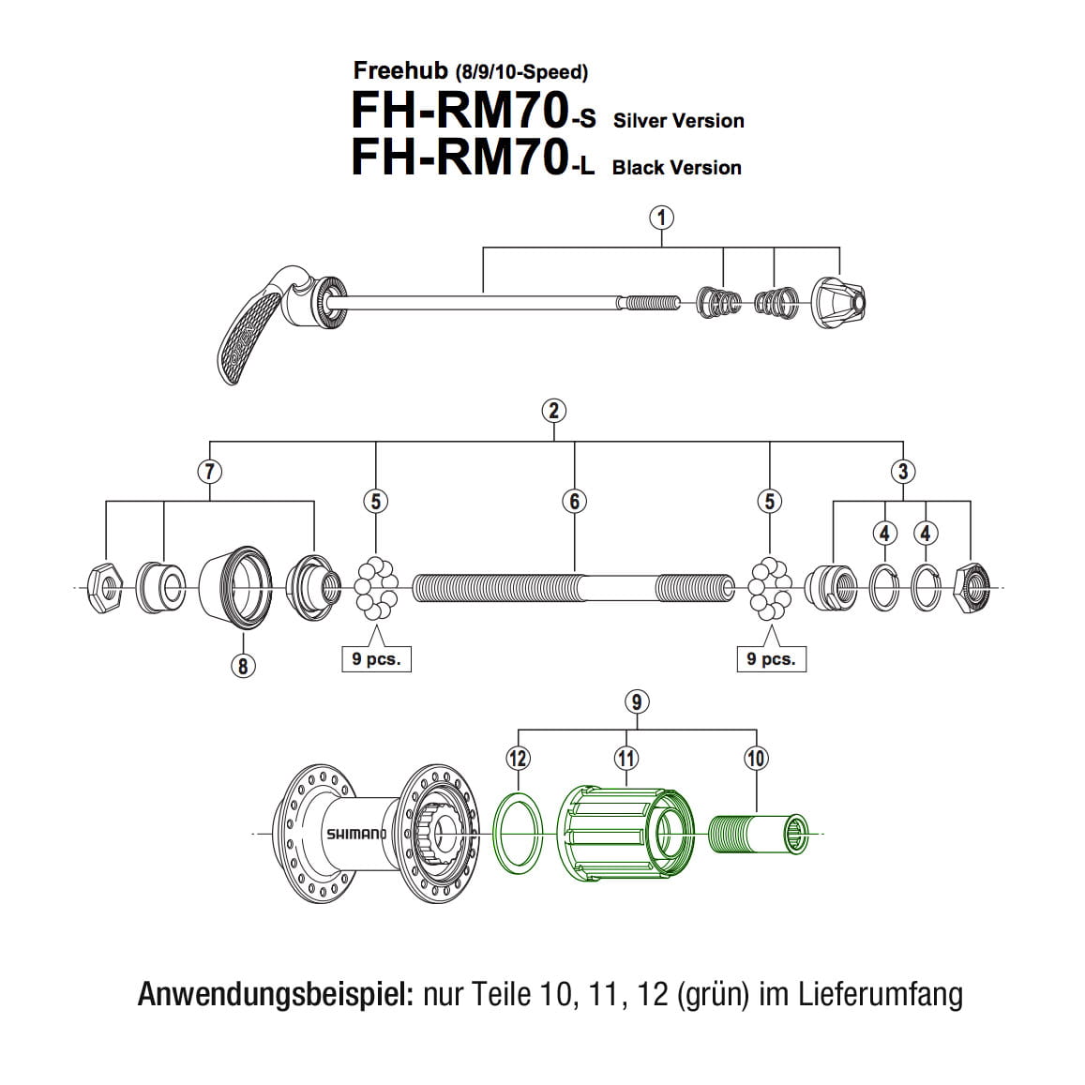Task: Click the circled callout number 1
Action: (662, 218)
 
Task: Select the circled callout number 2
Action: (554, 411)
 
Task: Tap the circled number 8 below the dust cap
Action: (243, 666)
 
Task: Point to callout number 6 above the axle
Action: (575, 501)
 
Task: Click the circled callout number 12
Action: (519, 758)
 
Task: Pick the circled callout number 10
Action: (756, 758)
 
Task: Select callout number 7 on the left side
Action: (209, 471)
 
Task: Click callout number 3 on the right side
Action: (903, 471)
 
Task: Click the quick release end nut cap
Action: (836, 302)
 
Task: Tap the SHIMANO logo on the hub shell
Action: (355, 834)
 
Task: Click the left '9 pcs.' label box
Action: (376, 659)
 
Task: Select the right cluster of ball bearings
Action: (770, 588)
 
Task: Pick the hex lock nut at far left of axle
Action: (106, 588)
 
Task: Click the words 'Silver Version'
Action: (678, 121)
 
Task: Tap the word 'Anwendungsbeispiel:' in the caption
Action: (276, 993)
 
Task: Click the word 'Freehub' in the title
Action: (400, 70)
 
